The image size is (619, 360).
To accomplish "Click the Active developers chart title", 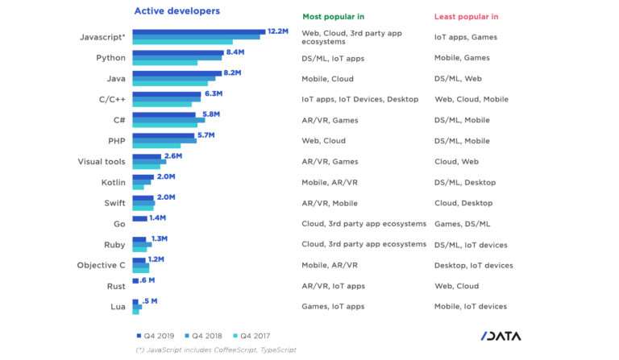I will tap(177, 11).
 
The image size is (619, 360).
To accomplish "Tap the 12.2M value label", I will tap(278, 31).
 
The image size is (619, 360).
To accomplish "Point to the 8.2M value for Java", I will tap(232, 72).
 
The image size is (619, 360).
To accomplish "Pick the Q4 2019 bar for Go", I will tap(139, 218).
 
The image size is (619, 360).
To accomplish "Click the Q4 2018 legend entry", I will tap(204, 334).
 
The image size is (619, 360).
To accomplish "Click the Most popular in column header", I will tap(334, 16).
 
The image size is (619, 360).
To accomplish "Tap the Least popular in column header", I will tap(466, 16).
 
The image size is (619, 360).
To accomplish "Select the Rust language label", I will tap(115, 286).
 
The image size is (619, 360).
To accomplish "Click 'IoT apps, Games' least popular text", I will tap(465, 37).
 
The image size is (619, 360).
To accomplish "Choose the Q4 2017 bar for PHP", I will tap(156, 146).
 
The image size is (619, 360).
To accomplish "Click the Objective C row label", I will tap(101, 265).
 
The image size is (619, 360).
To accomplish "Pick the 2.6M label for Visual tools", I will tap(174, 155).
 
